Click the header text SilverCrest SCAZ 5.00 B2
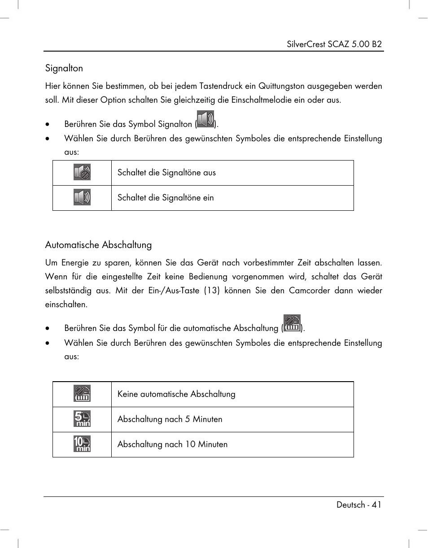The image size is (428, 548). tap(334, 44)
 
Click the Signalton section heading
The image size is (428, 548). tap(64, 68)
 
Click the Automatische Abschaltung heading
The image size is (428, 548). tap(98, 245)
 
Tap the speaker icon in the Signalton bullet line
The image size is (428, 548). tap(205, 120)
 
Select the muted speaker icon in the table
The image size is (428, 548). tap(82, 173)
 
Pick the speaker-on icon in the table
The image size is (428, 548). tap(82, 197)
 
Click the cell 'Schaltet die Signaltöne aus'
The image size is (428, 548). tap(166, 173)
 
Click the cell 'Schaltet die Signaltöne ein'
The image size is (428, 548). tap(166, 198)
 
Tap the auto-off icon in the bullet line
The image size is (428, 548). tap(292, 324)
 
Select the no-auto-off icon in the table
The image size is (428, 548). tap(82, 394)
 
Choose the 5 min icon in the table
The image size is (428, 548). tap(82, 419)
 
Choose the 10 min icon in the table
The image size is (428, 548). tap(82, 444)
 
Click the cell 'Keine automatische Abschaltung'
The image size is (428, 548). tap(176, 394)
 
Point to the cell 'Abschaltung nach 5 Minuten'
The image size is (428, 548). tap(170, 419)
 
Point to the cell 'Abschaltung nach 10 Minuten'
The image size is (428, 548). tap(172, 444)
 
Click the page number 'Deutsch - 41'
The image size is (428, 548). tap(359, 505)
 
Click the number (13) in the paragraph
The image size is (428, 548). tap(212, 291)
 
